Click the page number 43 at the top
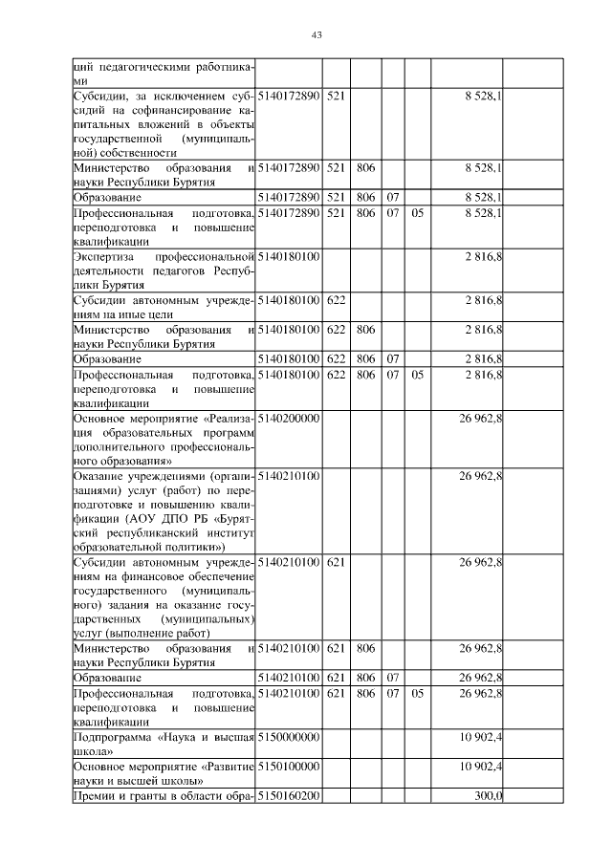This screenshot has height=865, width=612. click(x=317, y=35)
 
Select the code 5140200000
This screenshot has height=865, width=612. click(x=288, y=419)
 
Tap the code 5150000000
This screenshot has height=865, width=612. click(x=288, y=739)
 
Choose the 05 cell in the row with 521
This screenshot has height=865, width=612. click(x=417, y=212)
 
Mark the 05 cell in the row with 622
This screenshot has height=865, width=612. click(x=417, y=375)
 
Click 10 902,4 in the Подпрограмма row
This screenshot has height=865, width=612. click(x=481, y=739)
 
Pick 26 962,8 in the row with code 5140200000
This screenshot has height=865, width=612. click(x=481, y=419)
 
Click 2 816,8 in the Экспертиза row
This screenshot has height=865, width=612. click(x=484, y=257)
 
